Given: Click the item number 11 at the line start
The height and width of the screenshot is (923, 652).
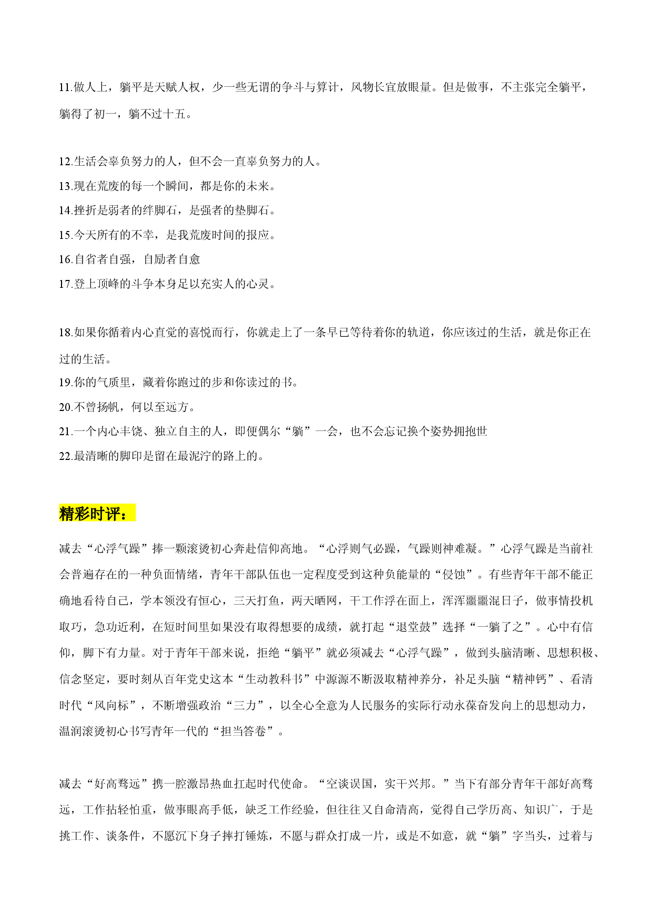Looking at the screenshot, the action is point(65,87).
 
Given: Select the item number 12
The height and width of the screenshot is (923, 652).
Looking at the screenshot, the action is point(65,162).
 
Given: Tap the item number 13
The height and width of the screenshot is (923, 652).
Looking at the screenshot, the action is point(65,186).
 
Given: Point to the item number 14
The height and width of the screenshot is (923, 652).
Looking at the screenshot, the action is point(65,210).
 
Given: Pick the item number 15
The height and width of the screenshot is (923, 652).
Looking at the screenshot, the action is point(65,235).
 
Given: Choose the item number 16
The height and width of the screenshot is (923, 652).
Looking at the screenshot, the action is point(65,259).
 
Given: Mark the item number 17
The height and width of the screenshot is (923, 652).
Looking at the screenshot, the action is point(65,284).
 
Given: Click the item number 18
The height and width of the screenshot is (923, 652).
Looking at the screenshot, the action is point(65,333).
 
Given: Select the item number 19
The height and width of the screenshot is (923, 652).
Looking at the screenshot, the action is point(65,383).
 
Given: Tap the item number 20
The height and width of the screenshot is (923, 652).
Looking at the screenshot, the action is point(65,407).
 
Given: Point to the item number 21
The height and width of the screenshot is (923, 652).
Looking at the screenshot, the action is point(65,432).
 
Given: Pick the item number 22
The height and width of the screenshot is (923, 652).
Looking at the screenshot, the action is point(65,456).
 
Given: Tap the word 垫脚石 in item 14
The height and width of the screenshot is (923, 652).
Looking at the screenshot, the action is point(252,210).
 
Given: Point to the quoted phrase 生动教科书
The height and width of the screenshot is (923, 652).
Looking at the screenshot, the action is point(280,679).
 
